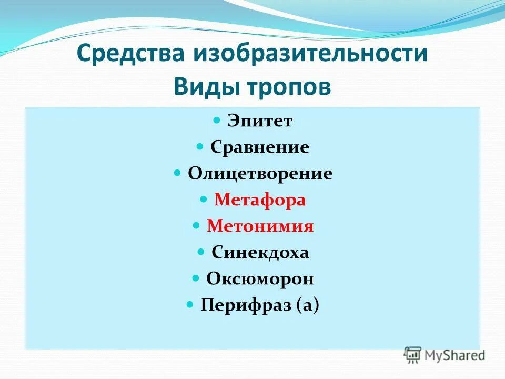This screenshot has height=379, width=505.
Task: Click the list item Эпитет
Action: click(x=260, y=121)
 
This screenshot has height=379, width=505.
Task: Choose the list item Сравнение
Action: click(x=260, y=147)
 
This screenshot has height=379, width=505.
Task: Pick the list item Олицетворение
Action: click(x=260, y=174)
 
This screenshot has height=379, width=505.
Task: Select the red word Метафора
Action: click(x=260, y=200)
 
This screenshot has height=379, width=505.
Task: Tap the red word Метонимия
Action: click(x=260, y=226)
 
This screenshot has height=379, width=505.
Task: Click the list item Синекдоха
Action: click(x=260, y=253)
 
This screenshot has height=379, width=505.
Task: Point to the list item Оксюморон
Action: click(x=260, y=278)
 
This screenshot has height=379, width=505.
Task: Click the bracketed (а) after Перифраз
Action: click(x=308, y=305)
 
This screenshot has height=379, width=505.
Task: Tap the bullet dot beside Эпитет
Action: click(x=217, y=121)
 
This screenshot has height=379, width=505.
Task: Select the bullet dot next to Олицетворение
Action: click(x=178, y=173)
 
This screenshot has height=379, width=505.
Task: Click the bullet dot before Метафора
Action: click(x=204, y=200)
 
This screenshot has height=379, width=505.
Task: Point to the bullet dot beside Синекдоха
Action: click(x=201, y=252)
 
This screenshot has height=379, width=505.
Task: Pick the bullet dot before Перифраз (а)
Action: click(x=190, y=305)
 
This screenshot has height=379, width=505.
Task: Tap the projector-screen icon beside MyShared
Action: click(x=412, y=355)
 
